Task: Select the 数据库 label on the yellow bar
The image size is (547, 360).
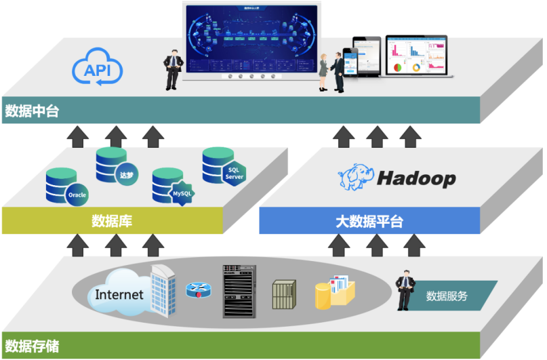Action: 111,220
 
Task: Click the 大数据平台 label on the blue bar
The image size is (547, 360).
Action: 369,221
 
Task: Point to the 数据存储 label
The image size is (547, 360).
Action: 32,346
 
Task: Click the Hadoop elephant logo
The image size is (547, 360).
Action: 355,178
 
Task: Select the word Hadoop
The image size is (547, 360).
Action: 416,179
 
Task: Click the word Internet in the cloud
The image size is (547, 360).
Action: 119,294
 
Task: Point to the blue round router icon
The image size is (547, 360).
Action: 199,290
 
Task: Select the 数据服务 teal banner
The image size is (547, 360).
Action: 450,296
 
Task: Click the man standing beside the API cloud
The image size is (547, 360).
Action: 173,69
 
